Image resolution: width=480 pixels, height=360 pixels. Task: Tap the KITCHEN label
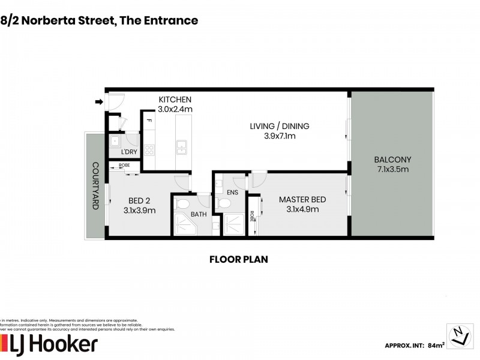(x=175, y=100)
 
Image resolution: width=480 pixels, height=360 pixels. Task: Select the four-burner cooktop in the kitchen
(x=149, y=149)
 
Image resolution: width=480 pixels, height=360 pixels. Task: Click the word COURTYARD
(x=95, y=185)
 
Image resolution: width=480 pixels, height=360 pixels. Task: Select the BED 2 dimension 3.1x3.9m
(x=140, y=211)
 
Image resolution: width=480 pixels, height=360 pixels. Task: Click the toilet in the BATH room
(x=182, y=205)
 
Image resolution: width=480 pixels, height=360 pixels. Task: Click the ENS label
(x=232, y=192)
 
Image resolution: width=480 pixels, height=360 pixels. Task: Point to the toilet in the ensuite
(x=225, y=204)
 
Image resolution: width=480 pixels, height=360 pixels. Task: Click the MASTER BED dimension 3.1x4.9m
(x=298, y=209)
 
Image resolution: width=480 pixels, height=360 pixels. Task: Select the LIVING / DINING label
(x=280, y=126)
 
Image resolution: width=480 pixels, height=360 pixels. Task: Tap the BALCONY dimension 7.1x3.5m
(x=392, y=169)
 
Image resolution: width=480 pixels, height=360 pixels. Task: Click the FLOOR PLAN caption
(x=238, y=260)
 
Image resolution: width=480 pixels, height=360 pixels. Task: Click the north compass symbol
(x=460, y=334)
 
